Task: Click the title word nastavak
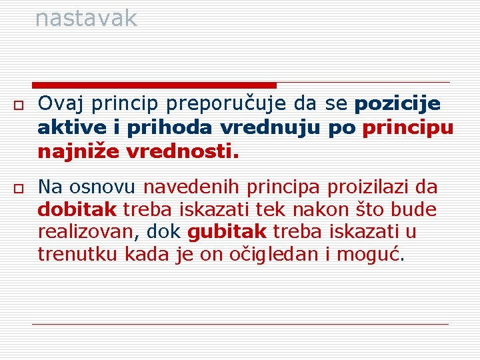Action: click(86, 18)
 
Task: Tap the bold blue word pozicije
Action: click(398, 105)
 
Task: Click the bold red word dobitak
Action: click(77, 209)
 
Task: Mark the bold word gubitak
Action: click(227, 233)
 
